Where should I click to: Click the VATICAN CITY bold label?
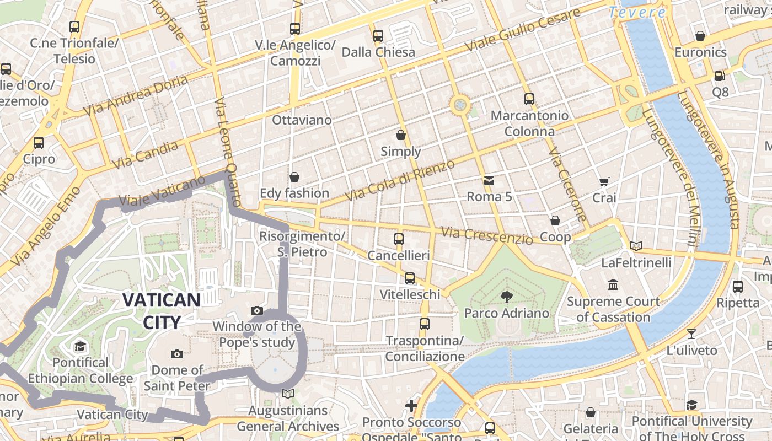tap(161, 311)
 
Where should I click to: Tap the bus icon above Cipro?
tap(39, 143)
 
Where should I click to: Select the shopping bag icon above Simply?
tap(401, 135)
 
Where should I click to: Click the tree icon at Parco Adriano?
tap(506, 297)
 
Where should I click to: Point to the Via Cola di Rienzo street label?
tap(400, 180)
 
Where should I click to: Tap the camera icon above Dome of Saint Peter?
tap(177, 354)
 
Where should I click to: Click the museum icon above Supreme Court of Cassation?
tap(613, 285)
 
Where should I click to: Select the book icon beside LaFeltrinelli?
tap(636, 246)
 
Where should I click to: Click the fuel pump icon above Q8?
tap(720, 76)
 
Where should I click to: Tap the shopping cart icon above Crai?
tap(604, 181)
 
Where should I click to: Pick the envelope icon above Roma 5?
tap(489, 180)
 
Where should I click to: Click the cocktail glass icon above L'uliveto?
tap(691, 334)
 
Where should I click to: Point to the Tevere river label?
tap(637, 12)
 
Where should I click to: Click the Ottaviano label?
tap(302, 120)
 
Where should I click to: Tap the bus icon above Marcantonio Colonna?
tap(529, 99)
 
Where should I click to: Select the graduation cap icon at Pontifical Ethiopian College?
tap(81, 346)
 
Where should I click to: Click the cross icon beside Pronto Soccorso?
tap(411, 406)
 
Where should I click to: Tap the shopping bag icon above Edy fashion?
tap(294, 177)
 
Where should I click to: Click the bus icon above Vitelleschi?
tap(410, 278)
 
